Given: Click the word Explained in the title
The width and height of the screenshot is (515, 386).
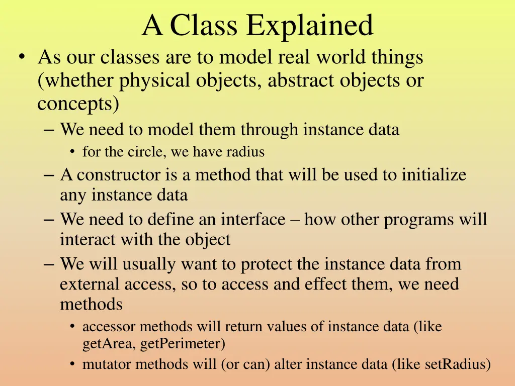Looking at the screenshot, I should (x=309, y=26).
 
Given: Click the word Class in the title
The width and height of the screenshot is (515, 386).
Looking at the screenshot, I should (x=204, y=26).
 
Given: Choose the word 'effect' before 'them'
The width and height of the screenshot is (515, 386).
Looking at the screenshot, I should (x=327, y=284).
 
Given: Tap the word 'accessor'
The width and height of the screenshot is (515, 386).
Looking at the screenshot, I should (x=109, y=327).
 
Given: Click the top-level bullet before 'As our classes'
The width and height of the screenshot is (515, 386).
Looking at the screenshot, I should (x=20, y=58).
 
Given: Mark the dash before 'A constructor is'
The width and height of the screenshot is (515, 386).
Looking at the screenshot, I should (x=49, y=175).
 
